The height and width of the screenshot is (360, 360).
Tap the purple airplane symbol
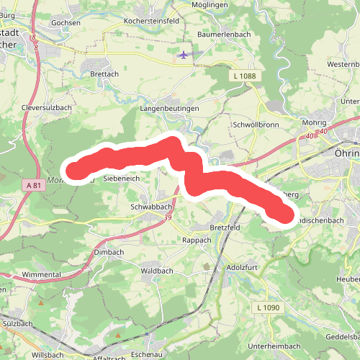(x=183, y=54)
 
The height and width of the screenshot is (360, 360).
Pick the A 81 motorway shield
(x=32, y=185)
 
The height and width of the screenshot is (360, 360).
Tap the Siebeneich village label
(x=119, y=177)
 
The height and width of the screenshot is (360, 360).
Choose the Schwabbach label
(x=131, y=206)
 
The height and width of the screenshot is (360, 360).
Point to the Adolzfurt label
(x=242, y=266)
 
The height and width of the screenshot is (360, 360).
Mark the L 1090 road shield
(x=269, y=307)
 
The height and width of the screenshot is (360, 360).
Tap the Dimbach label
(x=109, y=253)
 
